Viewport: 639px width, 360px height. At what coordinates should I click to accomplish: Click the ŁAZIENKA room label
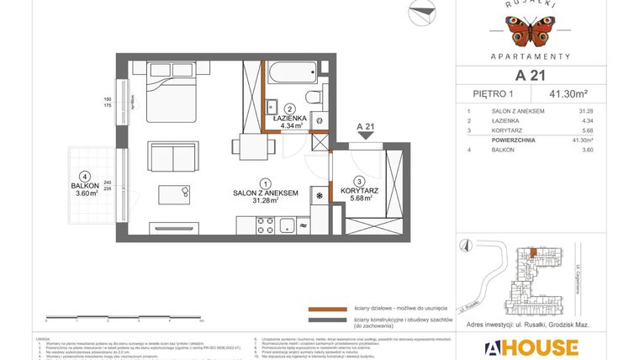tap(288, 119)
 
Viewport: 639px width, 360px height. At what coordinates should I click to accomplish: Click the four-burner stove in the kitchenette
tap(266, 225)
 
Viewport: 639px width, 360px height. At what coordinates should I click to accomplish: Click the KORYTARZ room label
tap(360, 190)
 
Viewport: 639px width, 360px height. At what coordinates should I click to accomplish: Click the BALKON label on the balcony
tap(86, 185)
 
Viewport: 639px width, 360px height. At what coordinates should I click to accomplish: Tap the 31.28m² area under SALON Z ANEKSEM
tap(266, 201)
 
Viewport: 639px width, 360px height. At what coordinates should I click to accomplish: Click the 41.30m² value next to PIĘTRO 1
tap(568, 94)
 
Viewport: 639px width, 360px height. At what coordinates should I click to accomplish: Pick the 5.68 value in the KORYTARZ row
tap(587, 130)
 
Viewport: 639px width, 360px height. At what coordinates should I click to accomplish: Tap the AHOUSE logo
tap(530, 347)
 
